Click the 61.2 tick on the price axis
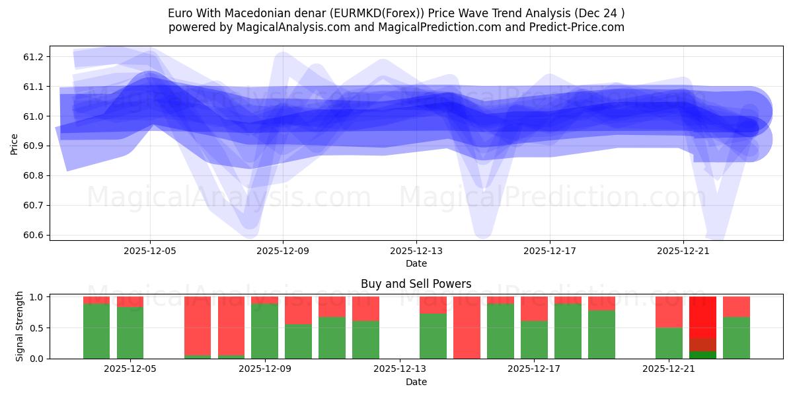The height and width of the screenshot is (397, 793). coord(34,57)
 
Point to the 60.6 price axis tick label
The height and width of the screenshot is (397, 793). coord(34,235)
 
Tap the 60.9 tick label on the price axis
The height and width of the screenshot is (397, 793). coord(34,146)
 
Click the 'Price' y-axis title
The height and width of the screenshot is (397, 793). coord(15,143)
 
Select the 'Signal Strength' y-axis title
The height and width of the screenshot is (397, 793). coord(20,326)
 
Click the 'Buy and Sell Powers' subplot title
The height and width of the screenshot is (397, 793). coord(416,284)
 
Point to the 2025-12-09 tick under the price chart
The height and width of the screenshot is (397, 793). coord(283,251)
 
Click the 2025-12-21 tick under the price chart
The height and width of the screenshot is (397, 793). coord(683,251)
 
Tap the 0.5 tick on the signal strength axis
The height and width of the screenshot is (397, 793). coord(36,328)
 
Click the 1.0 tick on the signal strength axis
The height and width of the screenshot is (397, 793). coord(36,297)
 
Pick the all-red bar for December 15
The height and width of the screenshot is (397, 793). coord(467,328)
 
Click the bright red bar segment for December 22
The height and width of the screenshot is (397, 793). coord(702,317)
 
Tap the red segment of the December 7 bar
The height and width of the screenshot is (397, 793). coord(198,326)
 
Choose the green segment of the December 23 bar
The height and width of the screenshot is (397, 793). coord(736,337)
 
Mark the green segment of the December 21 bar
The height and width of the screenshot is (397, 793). coord(669,343)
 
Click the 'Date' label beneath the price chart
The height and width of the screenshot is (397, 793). coord(416,263)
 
